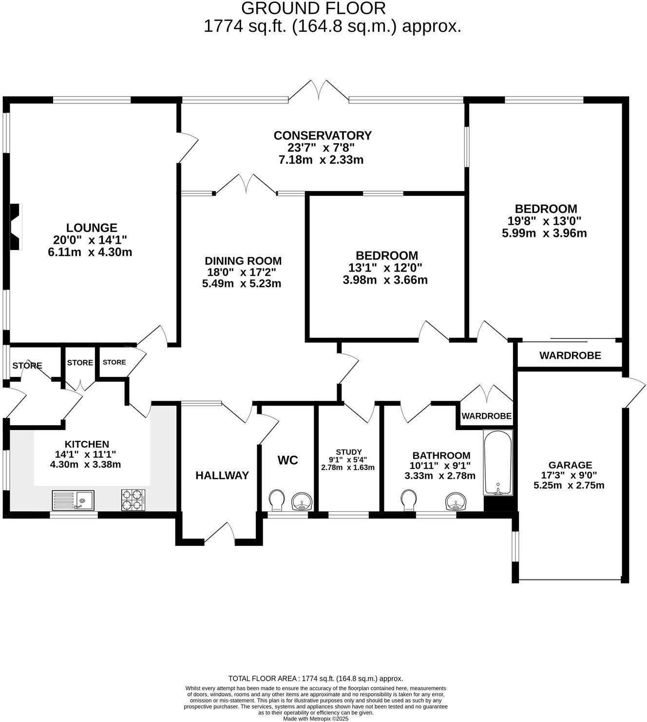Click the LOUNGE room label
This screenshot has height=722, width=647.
92,228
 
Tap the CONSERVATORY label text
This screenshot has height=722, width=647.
323,135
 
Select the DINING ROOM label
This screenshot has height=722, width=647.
243,261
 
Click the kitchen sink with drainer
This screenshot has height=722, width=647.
74,500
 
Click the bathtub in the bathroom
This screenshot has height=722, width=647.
498,461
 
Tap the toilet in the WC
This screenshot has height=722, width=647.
277,500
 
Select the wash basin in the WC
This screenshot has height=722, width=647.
302,501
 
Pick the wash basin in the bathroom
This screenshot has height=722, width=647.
457,501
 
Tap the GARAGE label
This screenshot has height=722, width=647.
570,465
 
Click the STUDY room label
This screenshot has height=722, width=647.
348,452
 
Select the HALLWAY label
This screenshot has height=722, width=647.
222,475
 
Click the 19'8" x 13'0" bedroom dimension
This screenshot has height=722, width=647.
545,221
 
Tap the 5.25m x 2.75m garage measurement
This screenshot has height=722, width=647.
569,486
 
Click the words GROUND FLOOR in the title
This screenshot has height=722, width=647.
314,8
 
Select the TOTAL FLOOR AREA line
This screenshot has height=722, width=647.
316,678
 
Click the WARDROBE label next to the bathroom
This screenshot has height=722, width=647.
486,416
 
